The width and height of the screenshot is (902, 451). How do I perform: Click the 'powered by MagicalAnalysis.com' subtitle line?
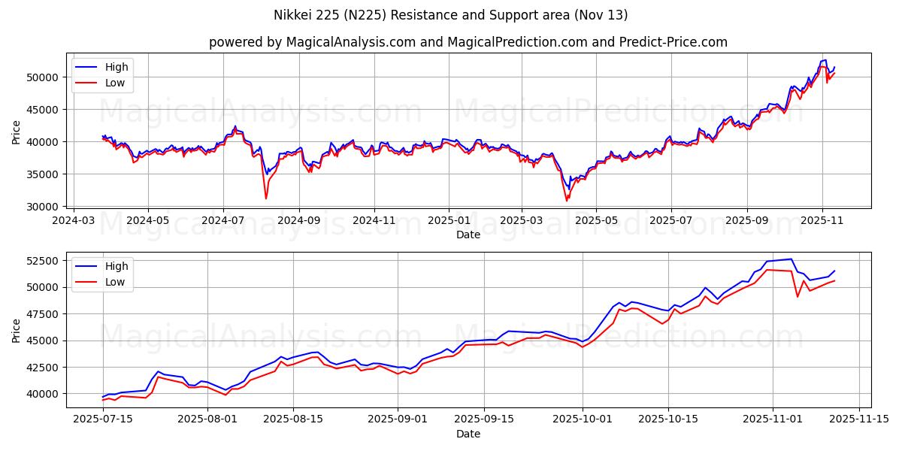[468, 42]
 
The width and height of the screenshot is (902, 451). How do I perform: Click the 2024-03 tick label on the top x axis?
[73, 221]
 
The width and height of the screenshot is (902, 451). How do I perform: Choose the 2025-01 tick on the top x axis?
[449, 221]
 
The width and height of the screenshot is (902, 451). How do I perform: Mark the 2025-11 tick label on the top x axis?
[822, 221]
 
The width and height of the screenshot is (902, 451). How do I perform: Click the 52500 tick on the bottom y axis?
[44, 261]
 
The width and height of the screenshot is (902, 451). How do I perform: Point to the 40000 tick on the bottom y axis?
[44, 394]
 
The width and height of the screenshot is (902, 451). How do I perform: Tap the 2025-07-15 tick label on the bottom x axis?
[103, 419]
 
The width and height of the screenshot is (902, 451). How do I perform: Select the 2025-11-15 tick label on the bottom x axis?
[858, 419]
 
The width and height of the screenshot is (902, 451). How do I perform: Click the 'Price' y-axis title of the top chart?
[17, 131]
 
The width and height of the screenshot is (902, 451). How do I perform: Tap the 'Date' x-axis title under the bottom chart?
[468, 434]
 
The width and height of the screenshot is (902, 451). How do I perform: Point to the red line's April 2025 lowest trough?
[567, 201]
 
